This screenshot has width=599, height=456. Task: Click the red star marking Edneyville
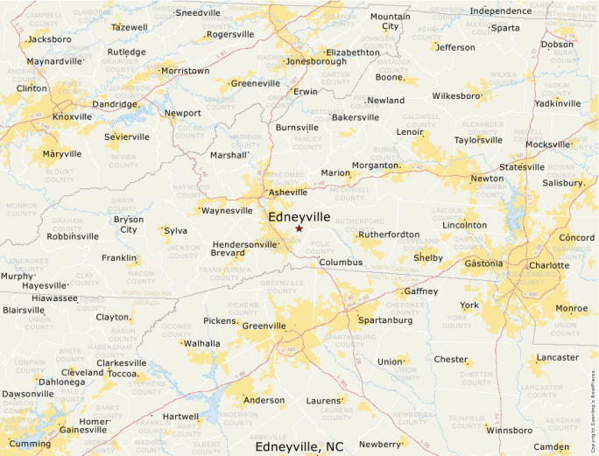(299, 228)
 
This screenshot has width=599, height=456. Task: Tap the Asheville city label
(288, 192)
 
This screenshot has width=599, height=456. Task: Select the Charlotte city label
(549, 265)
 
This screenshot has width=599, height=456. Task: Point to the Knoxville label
(72, 116)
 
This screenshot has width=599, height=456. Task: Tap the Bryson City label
(129, 225)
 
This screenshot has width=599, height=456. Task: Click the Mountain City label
(390, 21)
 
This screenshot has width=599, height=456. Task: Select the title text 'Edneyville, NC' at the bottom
(299, 446)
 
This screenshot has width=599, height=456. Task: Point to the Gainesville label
(82, 430)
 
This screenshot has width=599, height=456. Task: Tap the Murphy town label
(17, 276)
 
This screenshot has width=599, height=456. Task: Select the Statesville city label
(522, 167)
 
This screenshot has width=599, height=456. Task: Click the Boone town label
(389, 77)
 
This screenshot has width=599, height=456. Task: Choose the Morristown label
(186, 71)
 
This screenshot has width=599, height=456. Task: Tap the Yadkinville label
(557, 103)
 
